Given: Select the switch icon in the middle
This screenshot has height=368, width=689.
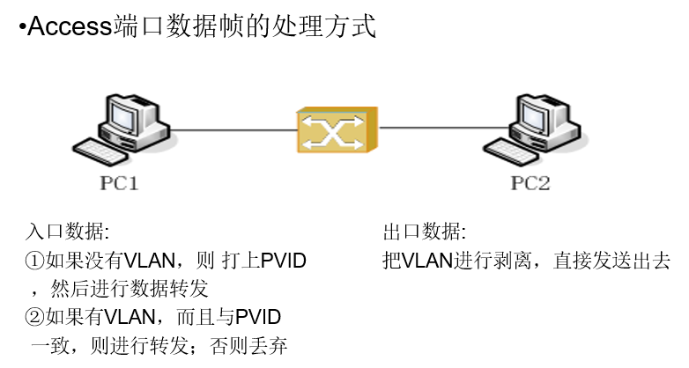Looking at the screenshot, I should coord(336,131).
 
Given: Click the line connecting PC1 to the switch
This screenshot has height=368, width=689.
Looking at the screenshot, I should coord(233,129).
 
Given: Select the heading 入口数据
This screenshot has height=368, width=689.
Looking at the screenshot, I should coord(67,232).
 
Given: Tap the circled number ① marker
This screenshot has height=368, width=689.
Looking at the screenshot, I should coord(34,261).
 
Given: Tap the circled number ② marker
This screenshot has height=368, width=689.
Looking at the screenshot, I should coord(34,316).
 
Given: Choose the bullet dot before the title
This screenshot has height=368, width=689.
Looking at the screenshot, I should coord(22,28).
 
